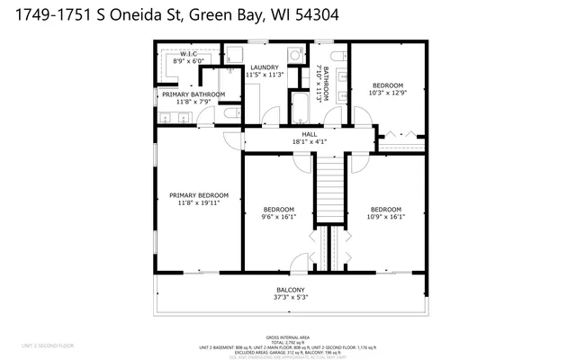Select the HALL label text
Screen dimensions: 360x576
coord(309,134)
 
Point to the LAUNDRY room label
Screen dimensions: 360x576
coord(265,67)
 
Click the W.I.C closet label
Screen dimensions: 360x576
coord(189,54)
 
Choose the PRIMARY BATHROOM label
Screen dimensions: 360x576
coord(193,94)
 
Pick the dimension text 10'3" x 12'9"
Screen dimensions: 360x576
coord(388,94)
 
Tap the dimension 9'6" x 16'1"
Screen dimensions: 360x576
coord(278,216)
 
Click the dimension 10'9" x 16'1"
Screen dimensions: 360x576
coord(386,216)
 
